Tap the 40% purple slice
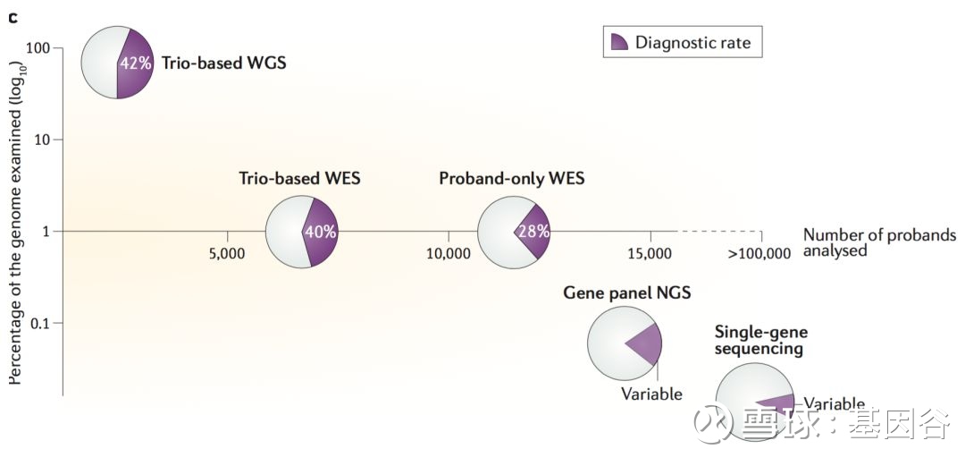tap(321, 233)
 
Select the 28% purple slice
tap(533, 233)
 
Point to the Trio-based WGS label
tap(224, 63)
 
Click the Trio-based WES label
tap(299, 179)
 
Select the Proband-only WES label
tap(512, 179)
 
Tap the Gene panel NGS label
tap(627, 292)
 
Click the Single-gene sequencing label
tap(760, 340)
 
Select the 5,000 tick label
tap(228, 253)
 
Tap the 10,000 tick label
tap(449, 253)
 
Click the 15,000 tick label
tap(650, 253)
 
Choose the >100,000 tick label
tap(759, 253)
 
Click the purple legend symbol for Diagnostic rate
tap(618, 42)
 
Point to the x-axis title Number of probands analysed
tap(879, 242)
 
